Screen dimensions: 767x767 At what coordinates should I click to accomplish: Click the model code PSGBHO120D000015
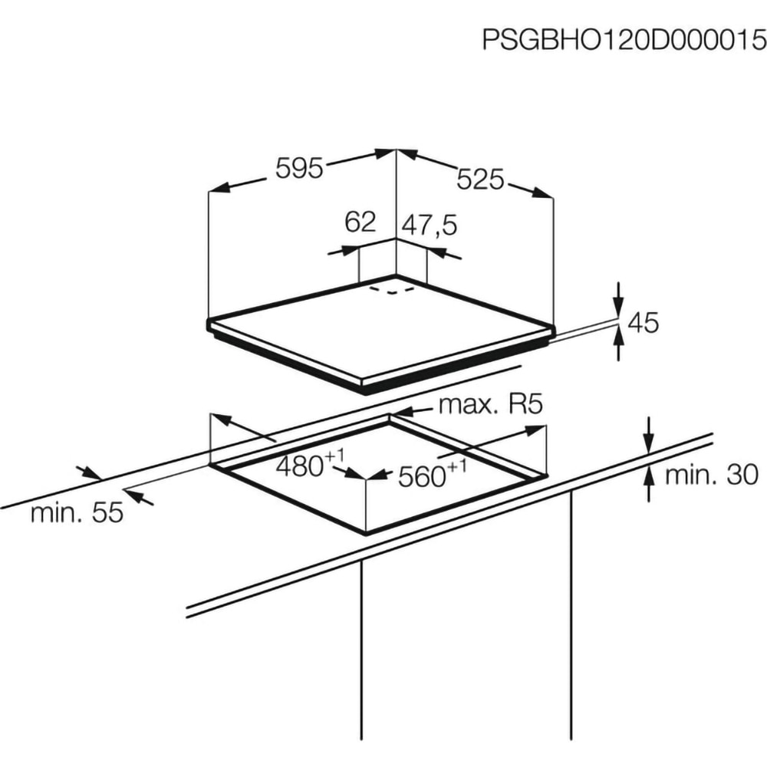click(624, 39)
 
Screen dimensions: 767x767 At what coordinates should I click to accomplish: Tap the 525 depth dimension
click(481, 179)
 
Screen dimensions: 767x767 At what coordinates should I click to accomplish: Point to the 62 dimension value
click(360, 222)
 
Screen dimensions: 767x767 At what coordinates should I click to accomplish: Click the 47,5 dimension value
click(430, 225)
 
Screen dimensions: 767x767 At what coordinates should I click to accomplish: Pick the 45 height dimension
click(643, 323)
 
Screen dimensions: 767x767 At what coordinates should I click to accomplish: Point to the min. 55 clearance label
click(77, 513)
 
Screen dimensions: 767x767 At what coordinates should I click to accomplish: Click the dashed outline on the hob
click(391, 290)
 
